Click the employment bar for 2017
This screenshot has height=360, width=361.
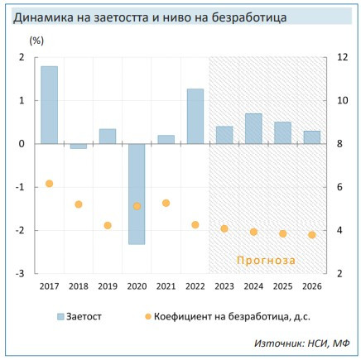click(x=49, y=104)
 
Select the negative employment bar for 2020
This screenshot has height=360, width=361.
click(x=137, y=194)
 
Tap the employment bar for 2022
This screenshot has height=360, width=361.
click(x=195, y=116)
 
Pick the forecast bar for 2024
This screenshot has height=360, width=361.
click(x=253, y=128)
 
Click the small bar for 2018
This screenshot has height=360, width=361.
click(x=79, y=146)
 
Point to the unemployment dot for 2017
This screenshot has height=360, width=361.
click(x=50, y=184)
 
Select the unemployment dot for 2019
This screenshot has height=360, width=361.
click(x=108, y=225)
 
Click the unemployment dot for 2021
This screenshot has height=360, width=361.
click(x=166, y=203)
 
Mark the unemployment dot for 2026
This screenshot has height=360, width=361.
click(x=311, y=235)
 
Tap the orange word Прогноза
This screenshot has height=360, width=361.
click(x=266, y=260)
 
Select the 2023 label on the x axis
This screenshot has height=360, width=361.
click(x=224, y=286)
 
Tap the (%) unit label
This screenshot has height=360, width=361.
click(x=37, y=40)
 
